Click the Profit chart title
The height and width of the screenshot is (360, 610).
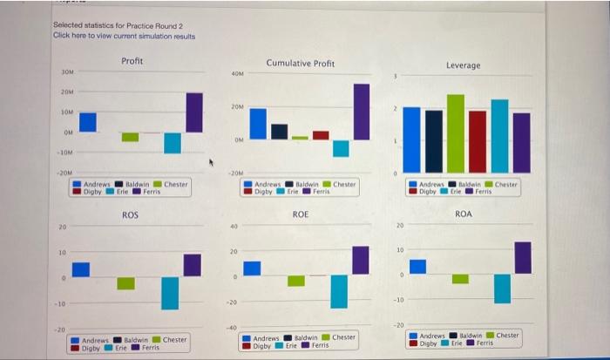coord(132,60)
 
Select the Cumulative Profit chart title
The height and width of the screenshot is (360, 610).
coord(300,64)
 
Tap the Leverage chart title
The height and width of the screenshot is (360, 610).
coord(463,65)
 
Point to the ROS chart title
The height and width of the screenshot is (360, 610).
coord(130,214)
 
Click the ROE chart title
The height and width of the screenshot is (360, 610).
coord(300,214)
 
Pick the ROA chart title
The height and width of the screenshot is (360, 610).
coord(464,214)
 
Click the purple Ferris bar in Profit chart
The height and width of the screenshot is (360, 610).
coord(194,112)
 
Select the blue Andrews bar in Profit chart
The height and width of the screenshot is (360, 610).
coord(88,122)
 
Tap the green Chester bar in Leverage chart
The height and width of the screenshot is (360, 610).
coord(455,132)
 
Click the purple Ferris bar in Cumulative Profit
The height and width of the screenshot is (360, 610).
coord(361,111)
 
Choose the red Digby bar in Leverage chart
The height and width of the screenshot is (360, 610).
coord(478,140)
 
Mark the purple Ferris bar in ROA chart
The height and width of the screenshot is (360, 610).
coord(523,258)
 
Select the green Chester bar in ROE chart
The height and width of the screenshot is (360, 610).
coord(296,281)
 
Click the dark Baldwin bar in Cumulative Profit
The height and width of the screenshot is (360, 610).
coord(279,131)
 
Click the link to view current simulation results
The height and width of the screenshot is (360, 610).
coord(124,36)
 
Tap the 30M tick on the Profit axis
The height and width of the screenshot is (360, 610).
coord(67,71)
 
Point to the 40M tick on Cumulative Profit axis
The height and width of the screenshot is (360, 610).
coord(238,74)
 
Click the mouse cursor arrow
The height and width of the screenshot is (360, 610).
coord(211,162)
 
